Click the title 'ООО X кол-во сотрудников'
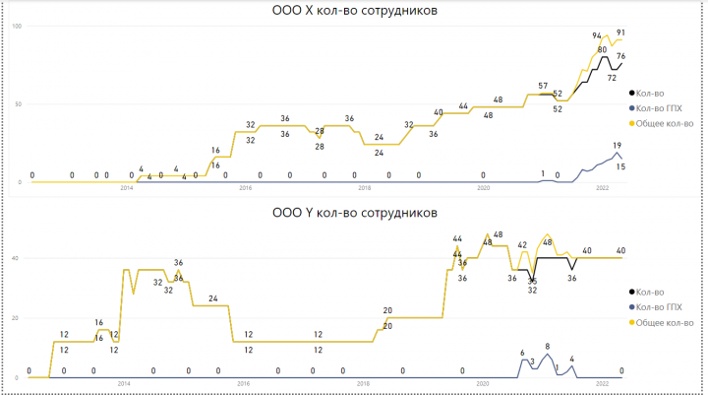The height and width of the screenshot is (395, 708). (354, 11)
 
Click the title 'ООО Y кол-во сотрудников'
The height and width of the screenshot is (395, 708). (354, 212)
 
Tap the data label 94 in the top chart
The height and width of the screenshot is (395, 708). (597, 35)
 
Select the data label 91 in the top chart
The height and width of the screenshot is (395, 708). (620, 33)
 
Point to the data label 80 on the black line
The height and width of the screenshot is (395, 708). (602, 49)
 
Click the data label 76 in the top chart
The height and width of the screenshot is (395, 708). (620, 57)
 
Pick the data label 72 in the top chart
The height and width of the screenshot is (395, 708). (612, 77)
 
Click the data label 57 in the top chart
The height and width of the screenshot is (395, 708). (544, 87)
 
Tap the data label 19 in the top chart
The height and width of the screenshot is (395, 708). (617, 145)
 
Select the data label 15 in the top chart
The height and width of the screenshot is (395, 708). (620, 166)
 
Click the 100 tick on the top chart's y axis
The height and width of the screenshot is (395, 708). (17, 25)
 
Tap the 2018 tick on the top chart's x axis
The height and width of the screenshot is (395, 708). (364, 188)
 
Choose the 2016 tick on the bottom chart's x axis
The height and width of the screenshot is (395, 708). (244, 384)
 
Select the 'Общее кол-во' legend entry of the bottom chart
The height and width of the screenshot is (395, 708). (666, 322)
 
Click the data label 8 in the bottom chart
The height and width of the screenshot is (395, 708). (547, 346)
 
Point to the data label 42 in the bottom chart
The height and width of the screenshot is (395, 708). (523, 244)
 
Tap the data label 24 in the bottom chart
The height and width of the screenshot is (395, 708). (212, 297)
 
